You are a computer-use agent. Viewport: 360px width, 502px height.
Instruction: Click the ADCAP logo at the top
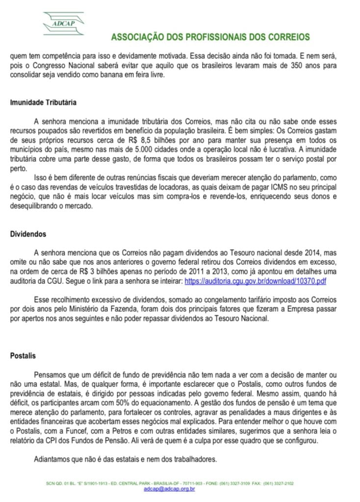(63, 23)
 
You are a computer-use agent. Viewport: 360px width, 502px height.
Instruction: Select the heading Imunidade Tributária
(43, 103)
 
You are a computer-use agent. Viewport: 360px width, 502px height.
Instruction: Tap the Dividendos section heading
(28, 234)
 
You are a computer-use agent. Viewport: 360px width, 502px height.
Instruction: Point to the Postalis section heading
(23, 355)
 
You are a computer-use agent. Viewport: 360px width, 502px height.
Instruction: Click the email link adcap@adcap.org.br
(169, 489)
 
